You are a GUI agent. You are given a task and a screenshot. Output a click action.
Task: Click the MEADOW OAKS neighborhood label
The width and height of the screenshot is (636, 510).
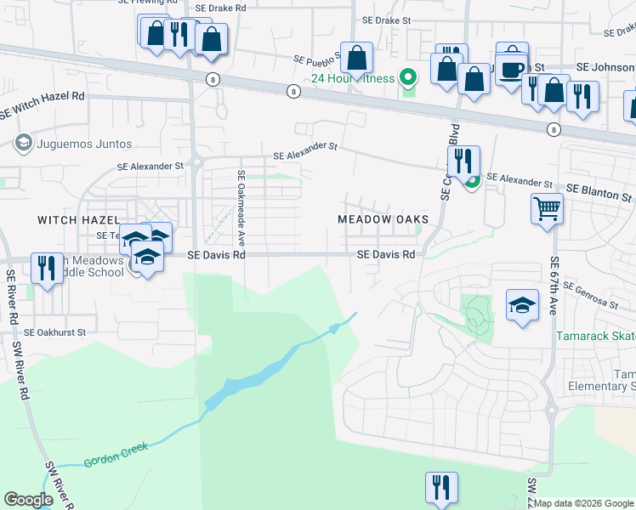tap(382, 219)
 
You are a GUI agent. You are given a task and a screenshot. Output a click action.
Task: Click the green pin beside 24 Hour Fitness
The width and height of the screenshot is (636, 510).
tap(409, 79)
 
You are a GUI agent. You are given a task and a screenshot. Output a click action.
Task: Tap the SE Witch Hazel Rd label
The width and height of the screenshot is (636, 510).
tap(42, 103)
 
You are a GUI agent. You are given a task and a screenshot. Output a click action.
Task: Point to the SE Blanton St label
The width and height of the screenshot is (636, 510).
tap(599, 191)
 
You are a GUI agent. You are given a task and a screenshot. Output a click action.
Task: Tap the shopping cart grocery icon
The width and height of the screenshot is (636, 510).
tap(546, 207)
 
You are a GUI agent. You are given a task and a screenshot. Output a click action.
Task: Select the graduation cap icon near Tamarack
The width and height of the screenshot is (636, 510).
tap(522, 304)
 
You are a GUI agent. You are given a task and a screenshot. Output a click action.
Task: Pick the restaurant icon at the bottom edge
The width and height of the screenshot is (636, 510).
tap(441, 487)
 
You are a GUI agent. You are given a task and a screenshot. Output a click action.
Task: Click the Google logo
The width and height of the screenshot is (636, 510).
tap(28, 500)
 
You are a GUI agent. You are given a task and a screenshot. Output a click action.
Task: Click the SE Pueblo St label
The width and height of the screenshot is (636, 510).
tap(317, 59)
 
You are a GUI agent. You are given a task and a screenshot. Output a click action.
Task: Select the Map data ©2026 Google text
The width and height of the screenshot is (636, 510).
tap(583, 503)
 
